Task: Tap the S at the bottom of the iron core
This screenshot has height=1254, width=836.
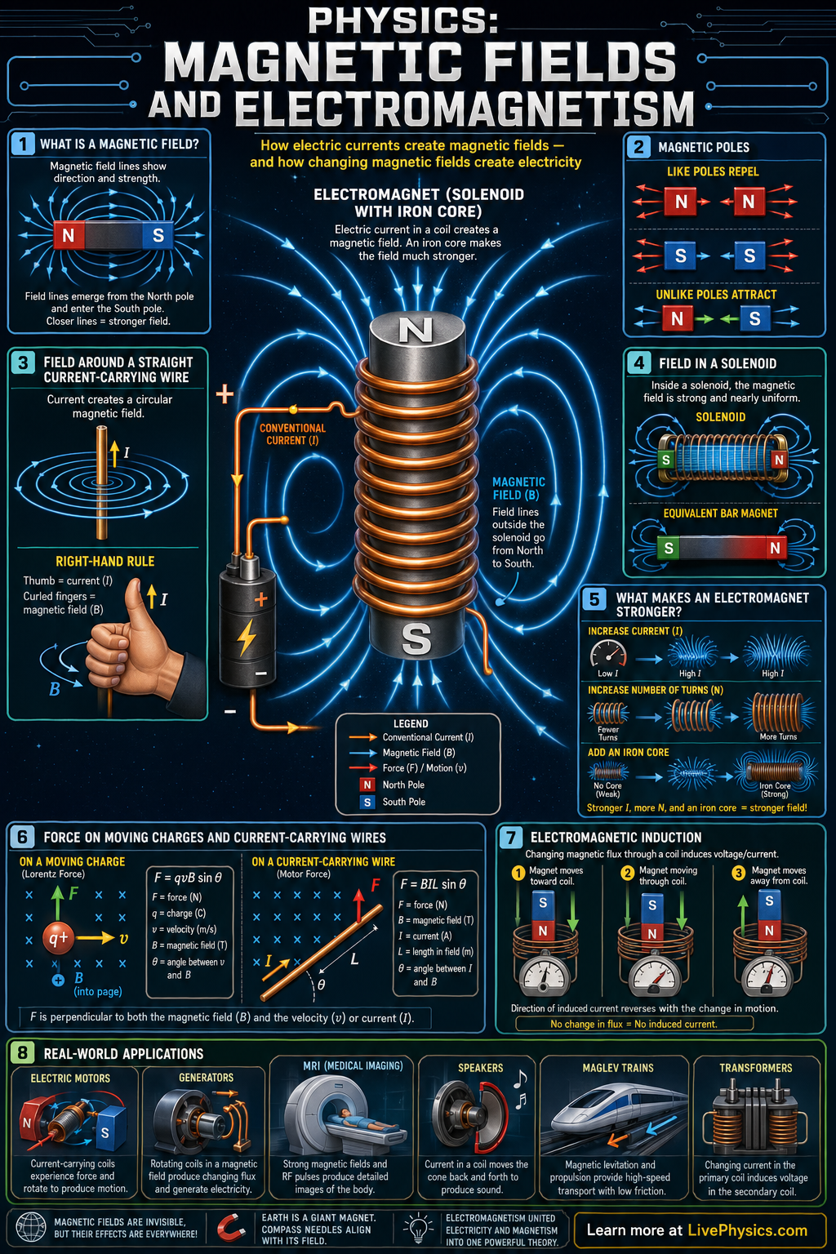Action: [416, 638]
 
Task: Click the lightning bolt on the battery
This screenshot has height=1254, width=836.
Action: [246, 638]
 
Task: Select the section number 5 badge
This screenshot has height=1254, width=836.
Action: [594, 599]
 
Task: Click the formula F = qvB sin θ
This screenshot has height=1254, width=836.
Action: [188, 878]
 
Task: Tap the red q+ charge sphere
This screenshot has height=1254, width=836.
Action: [58, 938]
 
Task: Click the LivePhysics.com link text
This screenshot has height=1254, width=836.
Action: [747, 1230]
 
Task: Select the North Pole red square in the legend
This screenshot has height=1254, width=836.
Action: [367, 785]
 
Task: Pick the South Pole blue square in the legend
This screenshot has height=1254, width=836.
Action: [367, 803]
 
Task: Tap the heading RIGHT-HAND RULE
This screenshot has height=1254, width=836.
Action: [104, 561]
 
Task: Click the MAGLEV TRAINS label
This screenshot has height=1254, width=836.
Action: [618, 1068]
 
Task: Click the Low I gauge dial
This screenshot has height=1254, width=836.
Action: [608, 654]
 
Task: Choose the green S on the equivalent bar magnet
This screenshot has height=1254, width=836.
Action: [668, 548]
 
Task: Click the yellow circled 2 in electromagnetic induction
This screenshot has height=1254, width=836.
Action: [628, 873]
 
